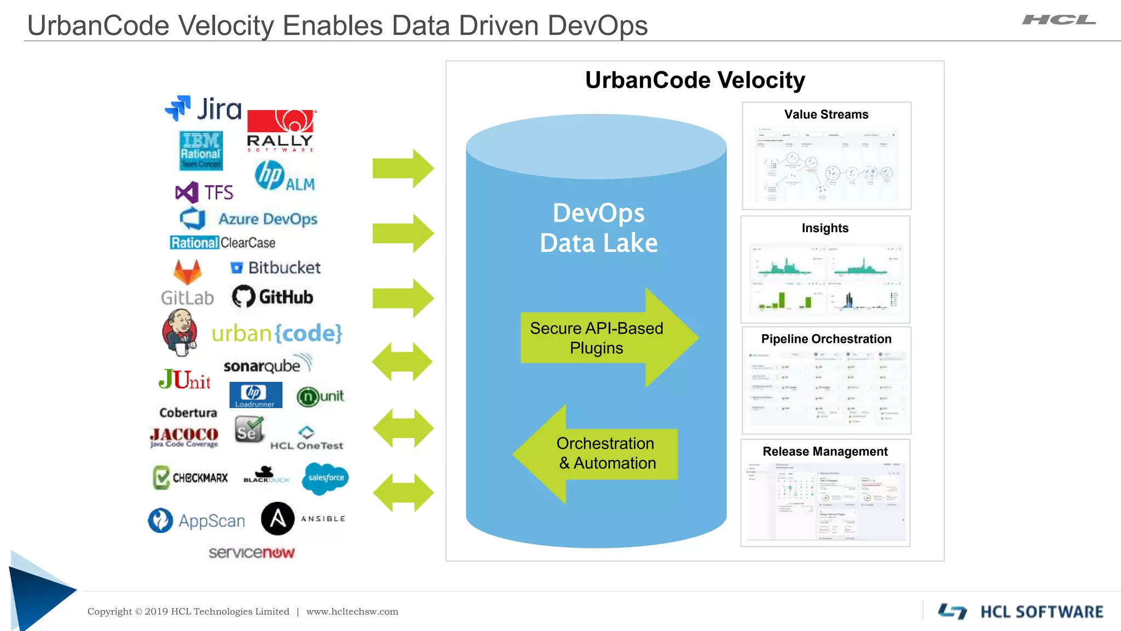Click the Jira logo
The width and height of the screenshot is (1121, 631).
coord(203,108)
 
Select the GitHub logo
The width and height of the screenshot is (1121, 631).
coord(273,297)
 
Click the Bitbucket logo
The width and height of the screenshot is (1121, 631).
coord(275,267)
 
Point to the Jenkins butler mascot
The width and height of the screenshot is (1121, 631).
coord(179,332)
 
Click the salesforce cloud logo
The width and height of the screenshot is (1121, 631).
coord(326,478)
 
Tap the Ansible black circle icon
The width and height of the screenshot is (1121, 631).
coord(278,518)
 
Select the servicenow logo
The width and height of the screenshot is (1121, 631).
coord(252,552)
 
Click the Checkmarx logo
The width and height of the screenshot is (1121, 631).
coord(190,477)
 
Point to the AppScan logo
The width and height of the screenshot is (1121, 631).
coord(197,520)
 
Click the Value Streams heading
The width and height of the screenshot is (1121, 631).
coord(826,114)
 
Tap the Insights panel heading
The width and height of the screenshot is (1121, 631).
coord(825,228)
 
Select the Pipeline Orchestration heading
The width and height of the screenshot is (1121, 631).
coord(826,339)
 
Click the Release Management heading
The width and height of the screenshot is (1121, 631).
coord(825,451)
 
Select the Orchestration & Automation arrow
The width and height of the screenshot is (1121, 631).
coord(597,454)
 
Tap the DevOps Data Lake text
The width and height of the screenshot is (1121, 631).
coord(599,228)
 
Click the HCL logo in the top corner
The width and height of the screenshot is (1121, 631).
coord(1059,20)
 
